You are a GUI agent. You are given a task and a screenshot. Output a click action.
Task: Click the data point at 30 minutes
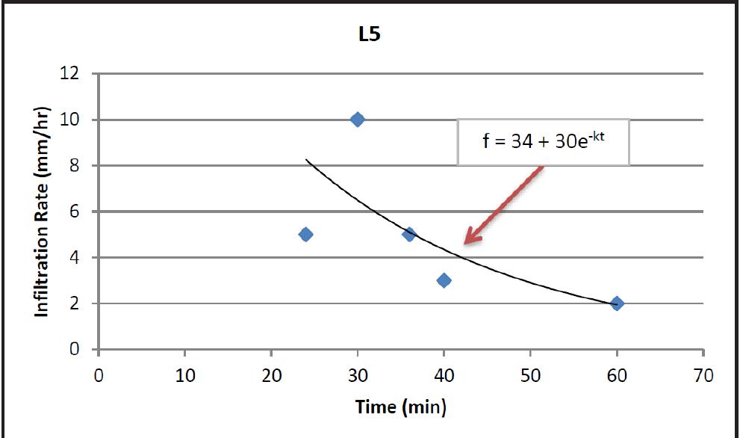pos(358,120)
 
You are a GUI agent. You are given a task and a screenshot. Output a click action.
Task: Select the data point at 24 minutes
pos(305,234)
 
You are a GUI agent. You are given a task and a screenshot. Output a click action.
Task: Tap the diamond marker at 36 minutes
pos(408,234)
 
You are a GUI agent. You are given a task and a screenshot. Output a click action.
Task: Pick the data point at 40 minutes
pos(444,280)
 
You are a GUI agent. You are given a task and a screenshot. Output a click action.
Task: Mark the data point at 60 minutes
pos(617,303)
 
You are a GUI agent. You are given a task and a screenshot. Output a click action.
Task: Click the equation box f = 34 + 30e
pos(543,141)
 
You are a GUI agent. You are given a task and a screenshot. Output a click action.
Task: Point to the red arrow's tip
pos(464,243)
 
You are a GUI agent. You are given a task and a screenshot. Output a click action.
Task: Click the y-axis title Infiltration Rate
pos(43,212)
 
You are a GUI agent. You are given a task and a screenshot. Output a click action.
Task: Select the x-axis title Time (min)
pos(402,407)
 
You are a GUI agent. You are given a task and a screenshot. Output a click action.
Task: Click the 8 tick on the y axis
pos(75,166)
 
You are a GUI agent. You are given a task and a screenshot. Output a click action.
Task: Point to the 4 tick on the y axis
pos(75,258)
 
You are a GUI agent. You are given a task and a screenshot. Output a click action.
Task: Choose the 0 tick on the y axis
pos(75,349)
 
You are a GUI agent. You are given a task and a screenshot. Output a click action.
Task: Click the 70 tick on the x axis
pos(703,375)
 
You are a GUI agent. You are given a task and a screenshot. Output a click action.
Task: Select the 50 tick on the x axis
pos(530,375)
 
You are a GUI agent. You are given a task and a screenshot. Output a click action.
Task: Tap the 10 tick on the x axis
pos(185,375)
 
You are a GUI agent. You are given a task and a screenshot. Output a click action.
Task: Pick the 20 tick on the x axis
pos(271,375)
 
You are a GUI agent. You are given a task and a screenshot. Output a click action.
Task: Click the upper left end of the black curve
pos(305,159)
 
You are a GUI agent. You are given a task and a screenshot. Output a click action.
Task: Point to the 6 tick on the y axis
pos(75,212)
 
